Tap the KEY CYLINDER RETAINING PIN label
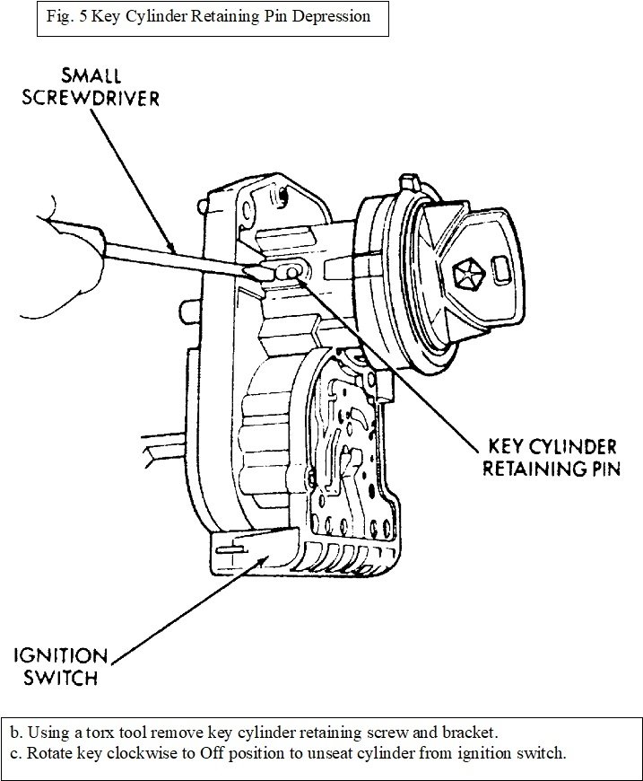coord(551,458)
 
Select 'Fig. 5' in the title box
coord(66,16)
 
